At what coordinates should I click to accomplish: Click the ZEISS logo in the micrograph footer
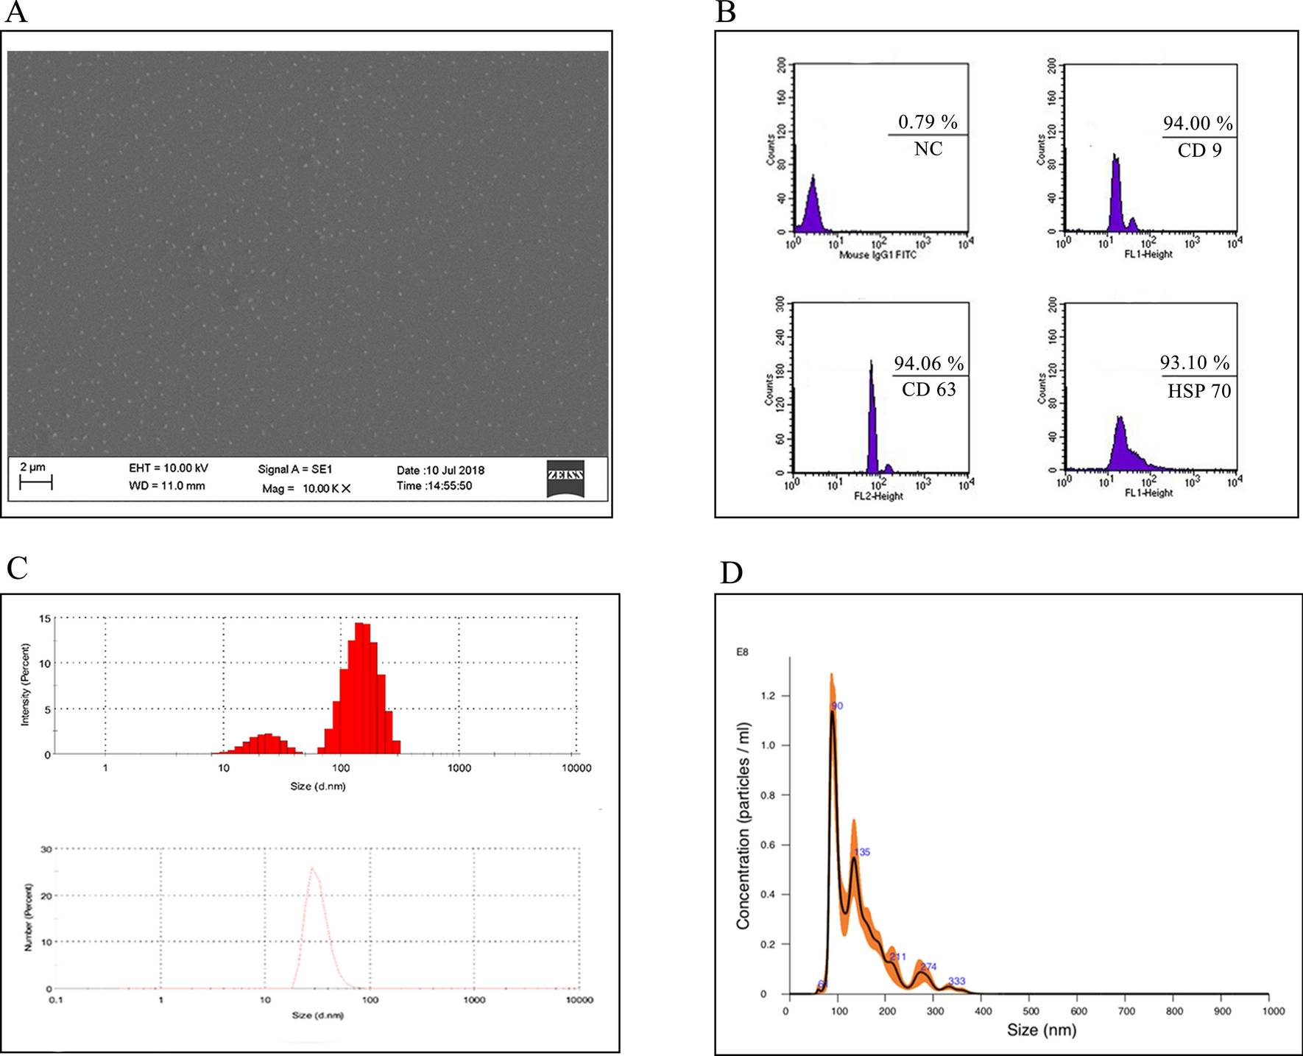point(565,478)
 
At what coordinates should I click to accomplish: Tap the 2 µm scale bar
point(35,483)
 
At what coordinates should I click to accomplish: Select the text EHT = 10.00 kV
point(169,468)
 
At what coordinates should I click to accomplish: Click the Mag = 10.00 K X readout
point(306,488)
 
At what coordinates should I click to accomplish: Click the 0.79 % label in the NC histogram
point(928,122)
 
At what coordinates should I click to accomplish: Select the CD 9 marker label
point(1199,151)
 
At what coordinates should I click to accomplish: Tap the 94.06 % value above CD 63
point(928,364)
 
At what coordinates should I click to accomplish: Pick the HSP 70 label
point(1198,391)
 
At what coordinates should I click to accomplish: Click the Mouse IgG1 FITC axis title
point(878,255)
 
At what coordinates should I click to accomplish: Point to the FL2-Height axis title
point(878,496)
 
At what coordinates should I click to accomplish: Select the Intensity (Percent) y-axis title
point(26,685)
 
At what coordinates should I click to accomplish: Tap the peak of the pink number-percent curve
point(312,869)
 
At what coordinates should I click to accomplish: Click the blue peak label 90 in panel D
point(837,706)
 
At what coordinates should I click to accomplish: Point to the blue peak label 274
point(928,967)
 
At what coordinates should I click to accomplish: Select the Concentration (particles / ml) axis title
point(744,825)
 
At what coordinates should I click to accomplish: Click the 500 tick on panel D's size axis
point(1031,1011)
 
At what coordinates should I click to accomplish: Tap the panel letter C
point(17,569)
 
